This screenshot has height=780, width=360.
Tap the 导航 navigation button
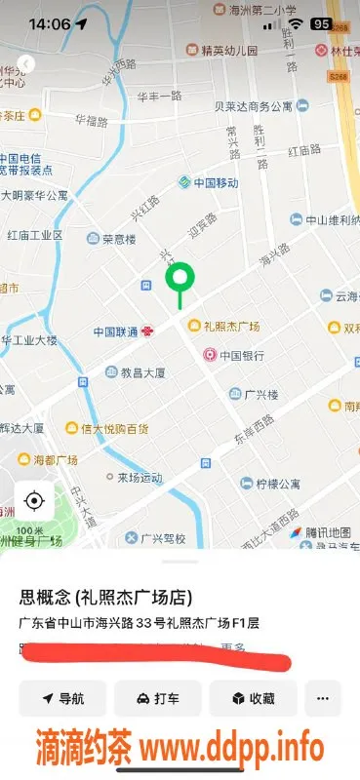(62, 698)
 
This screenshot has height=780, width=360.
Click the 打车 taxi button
(157, 698)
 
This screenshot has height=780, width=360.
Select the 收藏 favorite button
(252, 698)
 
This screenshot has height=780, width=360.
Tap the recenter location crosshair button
(34, 501)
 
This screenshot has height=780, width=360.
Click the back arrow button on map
(25, 63)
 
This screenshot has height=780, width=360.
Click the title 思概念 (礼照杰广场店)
(105, 598)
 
